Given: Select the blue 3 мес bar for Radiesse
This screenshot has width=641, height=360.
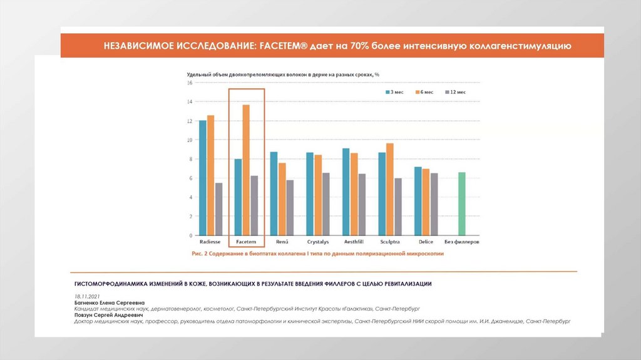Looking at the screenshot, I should tap(202, 178).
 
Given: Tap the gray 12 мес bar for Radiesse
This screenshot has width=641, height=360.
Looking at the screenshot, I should tap(218, 209).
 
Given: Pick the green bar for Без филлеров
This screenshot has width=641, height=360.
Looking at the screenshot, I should tap(462, 204).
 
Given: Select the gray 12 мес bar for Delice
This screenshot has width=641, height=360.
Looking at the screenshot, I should tap(434, 204).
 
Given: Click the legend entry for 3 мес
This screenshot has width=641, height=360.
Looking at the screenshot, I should tap(394, 92).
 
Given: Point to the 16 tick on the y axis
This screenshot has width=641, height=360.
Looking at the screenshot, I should tap(189, 83).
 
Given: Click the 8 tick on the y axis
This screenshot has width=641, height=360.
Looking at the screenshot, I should tap(190, 159).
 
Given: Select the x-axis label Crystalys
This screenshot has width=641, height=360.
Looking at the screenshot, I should tap(318, 242).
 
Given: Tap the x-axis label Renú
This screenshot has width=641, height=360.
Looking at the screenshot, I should tap(282, 242).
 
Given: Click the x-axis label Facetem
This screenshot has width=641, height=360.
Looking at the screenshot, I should tap(246, 242).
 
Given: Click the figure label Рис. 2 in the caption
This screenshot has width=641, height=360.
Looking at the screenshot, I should tap(202, 254).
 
